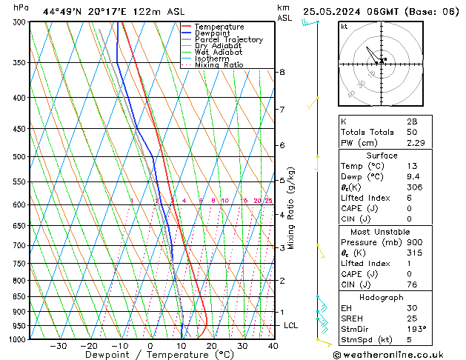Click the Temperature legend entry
coord(218,27)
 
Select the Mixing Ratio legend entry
coord(219,65)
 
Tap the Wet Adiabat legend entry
coord(219,53)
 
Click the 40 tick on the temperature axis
coord(273,346)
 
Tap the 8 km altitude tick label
coord(282,72)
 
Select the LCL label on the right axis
coord(291,326)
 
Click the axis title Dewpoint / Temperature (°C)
coord(149,355)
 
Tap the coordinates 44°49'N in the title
coord(62,11)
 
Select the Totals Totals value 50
coord(411,131)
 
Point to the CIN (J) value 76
coord(411,284)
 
